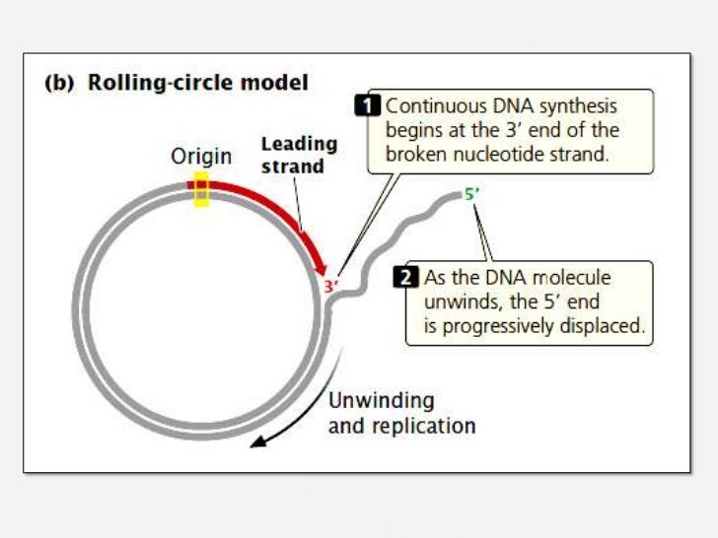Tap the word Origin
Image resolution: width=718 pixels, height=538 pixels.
[201, 157]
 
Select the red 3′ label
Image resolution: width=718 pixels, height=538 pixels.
[332, 287]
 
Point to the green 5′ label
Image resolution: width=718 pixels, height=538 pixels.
[472, 194]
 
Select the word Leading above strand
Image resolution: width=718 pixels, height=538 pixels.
[299, 145]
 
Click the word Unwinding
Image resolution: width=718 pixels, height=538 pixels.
[380, 401]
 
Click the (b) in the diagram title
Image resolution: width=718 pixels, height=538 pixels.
[61, 83]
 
